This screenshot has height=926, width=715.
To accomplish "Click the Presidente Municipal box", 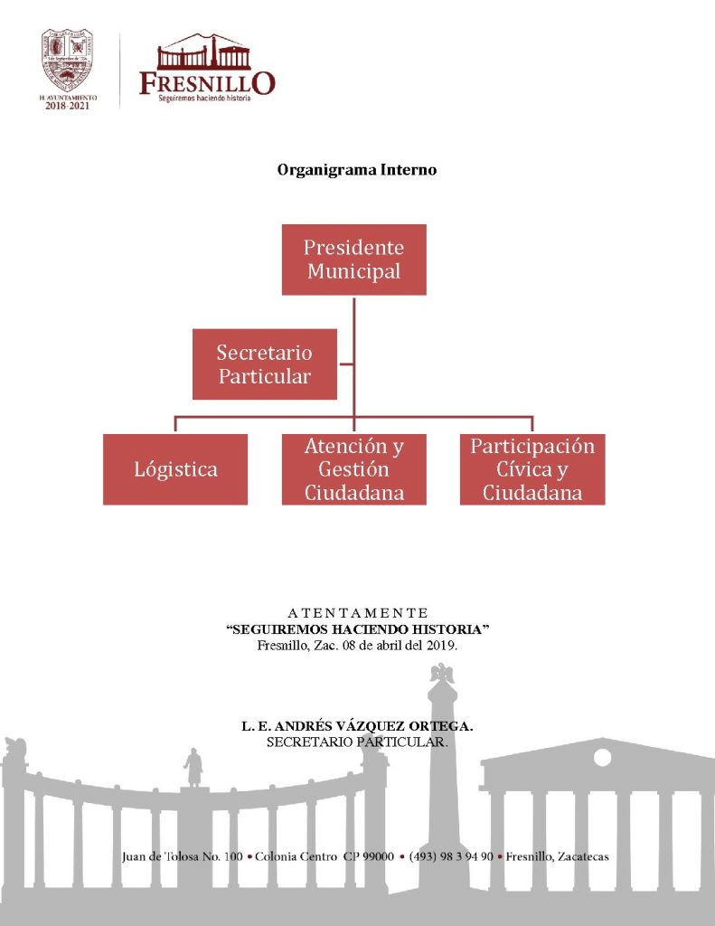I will point(353,260).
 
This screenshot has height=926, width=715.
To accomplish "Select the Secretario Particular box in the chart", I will point(264,364).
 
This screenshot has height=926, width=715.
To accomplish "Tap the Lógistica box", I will point(175,469).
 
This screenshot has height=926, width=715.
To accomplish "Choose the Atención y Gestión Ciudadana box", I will point(353,469).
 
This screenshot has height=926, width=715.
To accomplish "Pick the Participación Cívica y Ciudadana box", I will point(532,469).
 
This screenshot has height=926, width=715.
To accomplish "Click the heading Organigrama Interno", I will point(357,170).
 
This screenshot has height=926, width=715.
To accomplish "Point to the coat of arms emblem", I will point(68,60).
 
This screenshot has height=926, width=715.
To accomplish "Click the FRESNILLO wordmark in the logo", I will point(207,83).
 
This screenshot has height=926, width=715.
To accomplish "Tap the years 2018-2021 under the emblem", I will point(68,105).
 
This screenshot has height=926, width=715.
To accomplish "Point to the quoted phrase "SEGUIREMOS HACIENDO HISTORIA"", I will point(358,628).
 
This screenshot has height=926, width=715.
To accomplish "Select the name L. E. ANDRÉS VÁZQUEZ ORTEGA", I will point(358,726).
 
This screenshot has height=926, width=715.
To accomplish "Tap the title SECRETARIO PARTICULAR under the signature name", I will point(358,742).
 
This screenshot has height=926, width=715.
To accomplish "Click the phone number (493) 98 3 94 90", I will point(451,856).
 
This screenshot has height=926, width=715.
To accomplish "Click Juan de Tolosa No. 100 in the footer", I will point(183,856).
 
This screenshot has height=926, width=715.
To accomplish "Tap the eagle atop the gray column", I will point(442,674).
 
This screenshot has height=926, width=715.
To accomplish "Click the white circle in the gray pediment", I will point(602,758).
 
